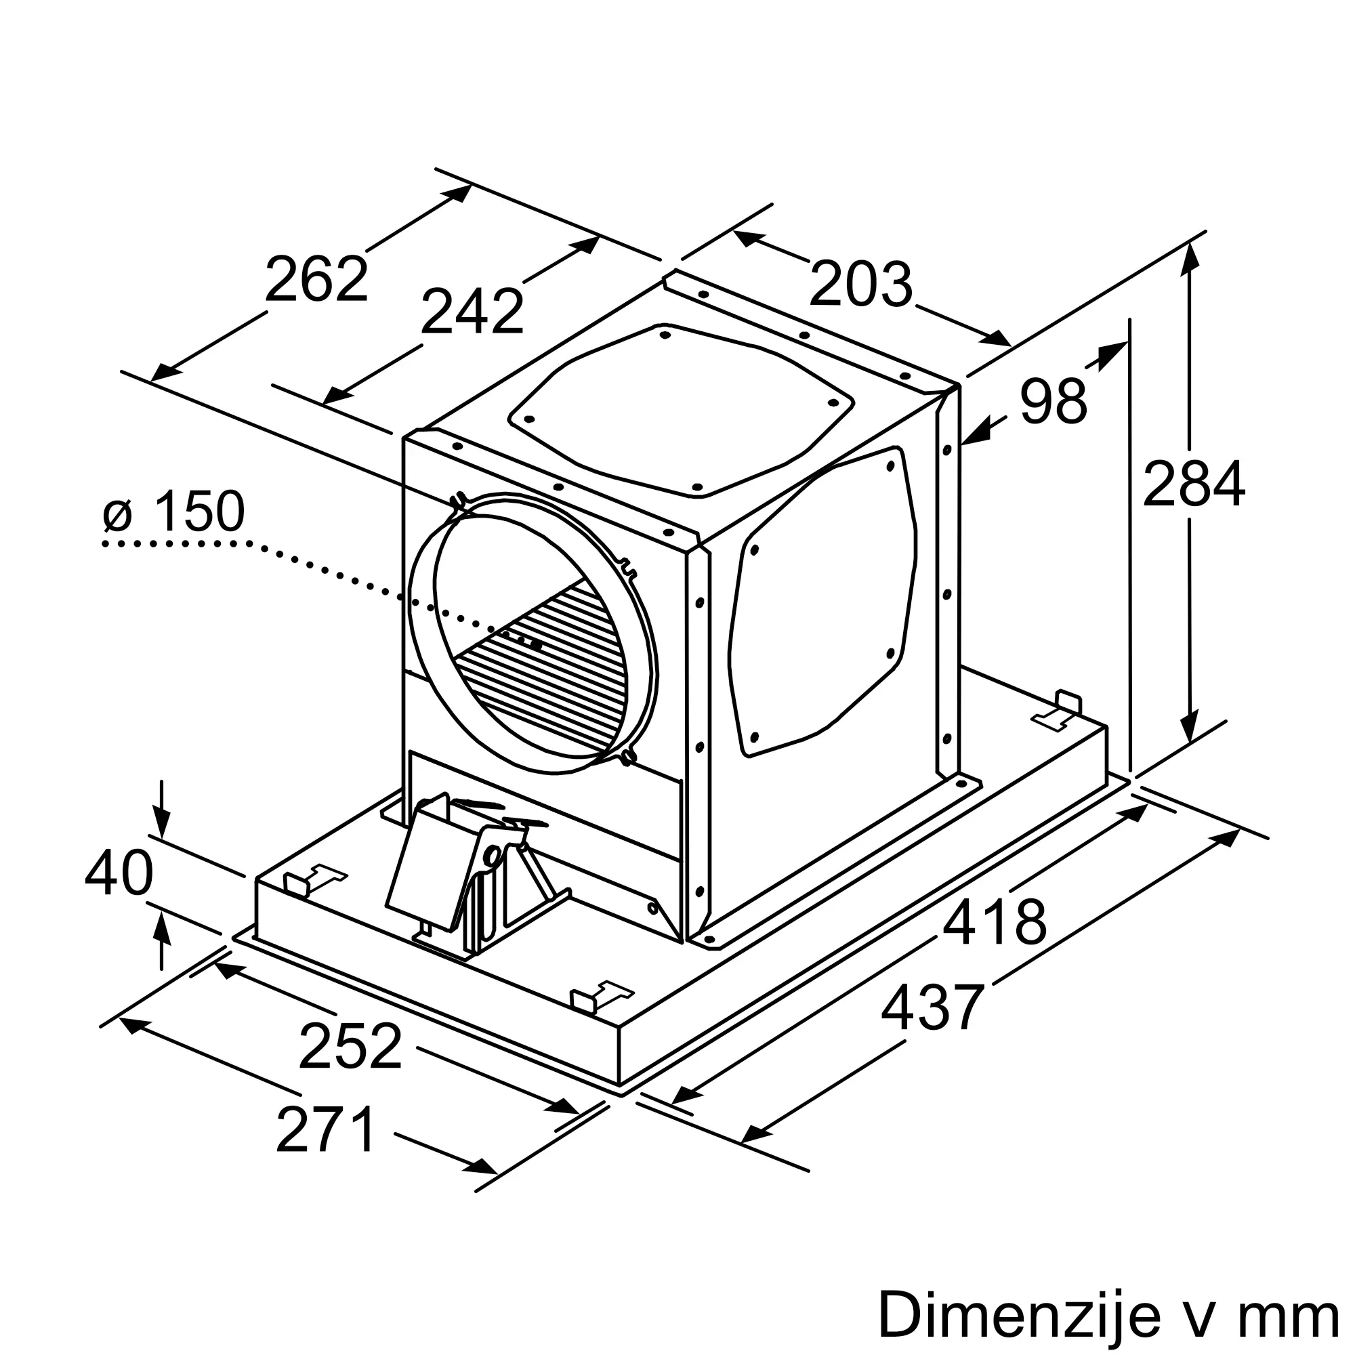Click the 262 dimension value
[316, 279]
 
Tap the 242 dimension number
[472, 312]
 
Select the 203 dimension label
[860, 284]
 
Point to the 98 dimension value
[1053, 401]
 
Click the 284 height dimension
[1193, 483]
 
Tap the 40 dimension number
[119, 873]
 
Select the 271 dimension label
[327, 1129]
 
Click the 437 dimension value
[933, 1007]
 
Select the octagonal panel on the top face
[680, 411]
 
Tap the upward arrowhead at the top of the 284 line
[1189, 256]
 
